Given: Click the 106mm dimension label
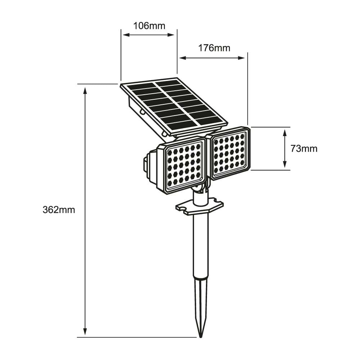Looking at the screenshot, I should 149,26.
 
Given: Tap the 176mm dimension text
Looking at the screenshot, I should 214,48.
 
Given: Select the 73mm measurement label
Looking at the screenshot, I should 304,149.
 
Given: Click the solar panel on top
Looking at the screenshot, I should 174,104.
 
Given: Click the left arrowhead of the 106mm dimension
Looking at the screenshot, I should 125,35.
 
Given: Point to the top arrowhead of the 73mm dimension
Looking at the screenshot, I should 285,132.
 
